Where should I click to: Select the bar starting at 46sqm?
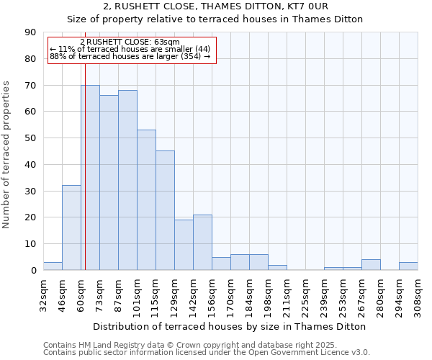tap(71, 228)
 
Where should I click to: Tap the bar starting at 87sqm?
tap(127, 180)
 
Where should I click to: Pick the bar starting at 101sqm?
tap(146, 200)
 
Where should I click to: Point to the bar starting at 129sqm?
tap(184, 245)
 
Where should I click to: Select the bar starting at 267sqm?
tap(371, 265)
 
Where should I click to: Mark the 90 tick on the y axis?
tap(31, 32)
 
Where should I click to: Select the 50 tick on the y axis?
tap(31, 138)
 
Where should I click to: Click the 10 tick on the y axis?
tap(31, 244)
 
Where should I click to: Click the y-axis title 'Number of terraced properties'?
tap(6, 155)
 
